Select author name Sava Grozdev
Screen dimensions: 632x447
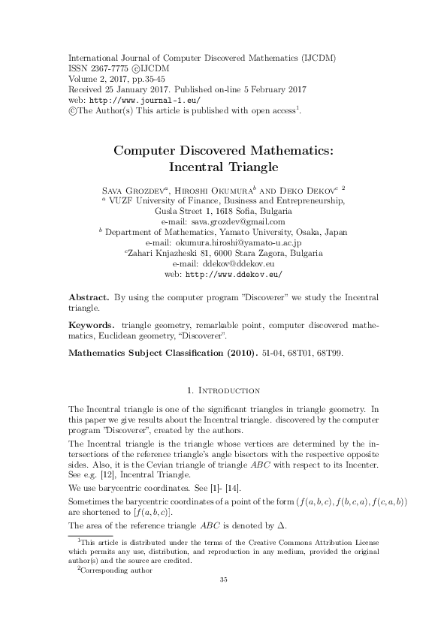tap(134, 191)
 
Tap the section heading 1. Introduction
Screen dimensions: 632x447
tap(223, 390)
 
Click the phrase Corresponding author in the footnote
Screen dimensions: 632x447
tap(117, 570)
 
